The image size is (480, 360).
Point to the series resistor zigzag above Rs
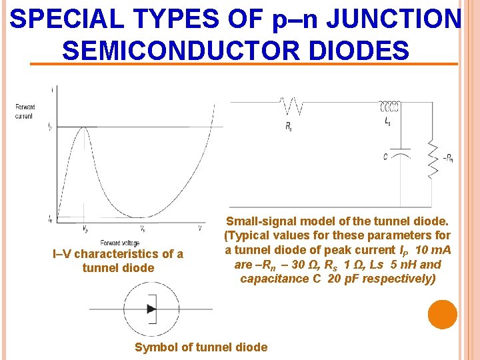(291, 106)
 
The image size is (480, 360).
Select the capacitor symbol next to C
(400, 151)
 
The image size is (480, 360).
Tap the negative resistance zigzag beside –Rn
(434, 158)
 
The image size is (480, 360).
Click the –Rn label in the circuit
(448, 159)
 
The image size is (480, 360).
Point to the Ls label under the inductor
(388, 122)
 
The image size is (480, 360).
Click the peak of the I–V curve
(83, 127)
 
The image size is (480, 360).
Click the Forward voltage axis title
(120, 243)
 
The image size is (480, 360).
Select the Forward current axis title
(26, 111)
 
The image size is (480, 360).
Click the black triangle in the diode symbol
(151, 309)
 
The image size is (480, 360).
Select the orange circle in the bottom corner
(443, 315)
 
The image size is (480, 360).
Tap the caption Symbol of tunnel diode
(201, 347)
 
